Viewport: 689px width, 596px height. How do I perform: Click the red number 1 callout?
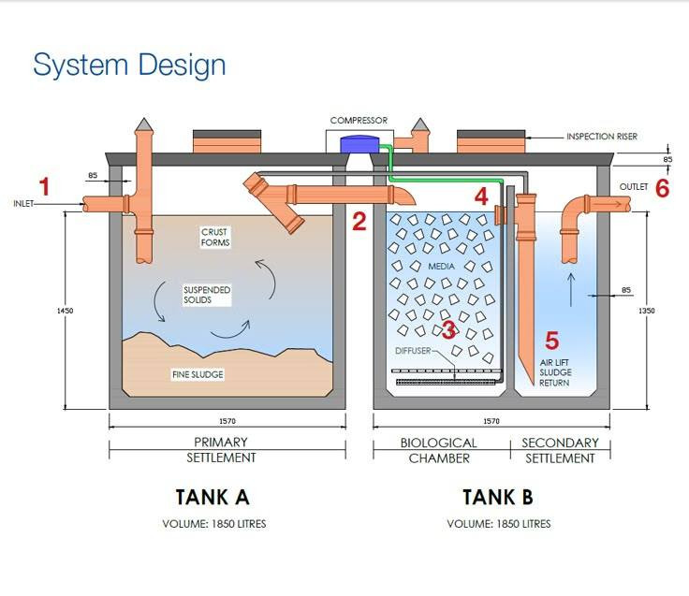pos(43,185)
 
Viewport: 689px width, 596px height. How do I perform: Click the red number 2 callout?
pos(359,221)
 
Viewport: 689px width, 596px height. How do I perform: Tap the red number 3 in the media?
pos(448,329)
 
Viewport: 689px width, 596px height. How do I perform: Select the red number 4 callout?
pos(481,196)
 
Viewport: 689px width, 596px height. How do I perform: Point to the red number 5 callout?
pos(552,341)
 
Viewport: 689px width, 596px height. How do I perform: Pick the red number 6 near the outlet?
pos(663,187)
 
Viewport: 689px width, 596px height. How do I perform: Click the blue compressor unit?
pos(356,145)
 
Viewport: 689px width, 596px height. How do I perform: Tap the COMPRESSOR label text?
pos(359,121)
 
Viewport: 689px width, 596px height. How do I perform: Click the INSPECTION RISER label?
pos(602,137)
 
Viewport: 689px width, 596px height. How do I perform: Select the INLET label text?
pos(23,203)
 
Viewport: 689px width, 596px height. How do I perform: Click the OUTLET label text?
pos(633,187)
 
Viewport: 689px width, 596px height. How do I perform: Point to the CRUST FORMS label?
pos(215,238)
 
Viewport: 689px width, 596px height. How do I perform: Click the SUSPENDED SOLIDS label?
pos(207,296)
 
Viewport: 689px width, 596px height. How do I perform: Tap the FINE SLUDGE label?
pos(198,375)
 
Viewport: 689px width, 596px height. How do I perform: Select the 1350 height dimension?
pos(647,310)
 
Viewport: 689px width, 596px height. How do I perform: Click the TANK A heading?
pos(213,496)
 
